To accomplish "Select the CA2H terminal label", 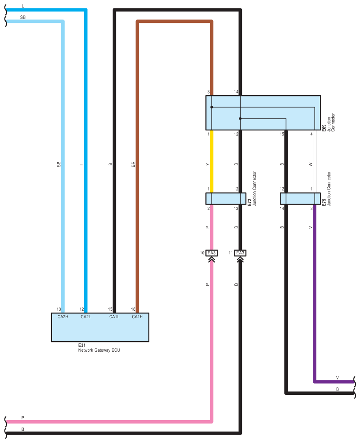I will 63,317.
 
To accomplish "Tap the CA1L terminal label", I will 115,317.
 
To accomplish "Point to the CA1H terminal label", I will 137,317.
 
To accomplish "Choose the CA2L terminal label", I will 85,317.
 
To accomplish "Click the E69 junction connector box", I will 263,112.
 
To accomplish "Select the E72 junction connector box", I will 226,198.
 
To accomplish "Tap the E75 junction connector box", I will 300,198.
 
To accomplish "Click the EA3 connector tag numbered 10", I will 212,253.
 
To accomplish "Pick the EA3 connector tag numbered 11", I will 240,253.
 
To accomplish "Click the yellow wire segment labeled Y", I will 212,161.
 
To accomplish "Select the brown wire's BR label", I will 133,164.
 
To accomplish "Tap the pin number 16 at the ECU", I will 133,309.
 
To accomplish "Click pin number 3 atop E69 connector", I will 208,92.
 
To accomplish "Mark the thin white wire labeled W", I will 314,161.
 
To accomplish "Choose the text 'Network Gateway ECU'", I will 99,350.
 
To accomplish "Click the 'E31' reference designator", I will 82,345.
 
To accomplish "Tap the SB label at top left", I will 22,17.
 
